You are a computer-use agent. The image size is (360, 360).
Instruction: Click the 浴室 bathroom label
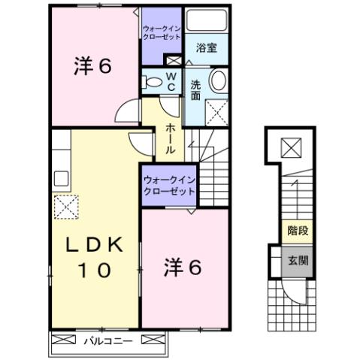pyautogui.click(x=206, y=47)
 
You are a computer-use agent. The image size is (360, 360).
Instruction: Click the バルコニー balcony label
pyautogui.click(x=107, y=340)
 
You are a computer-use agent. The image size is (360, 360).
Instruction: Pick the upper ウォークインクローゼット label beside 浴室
pyautogui.click(x=162, y=32)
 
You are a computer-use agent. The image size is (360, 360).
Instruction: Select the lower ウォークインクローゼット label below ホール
pyautogui.click(x=170, y=185)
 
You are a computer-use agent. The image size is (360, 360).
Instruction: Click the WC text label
pyautogui.click(x=171, y=81)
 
